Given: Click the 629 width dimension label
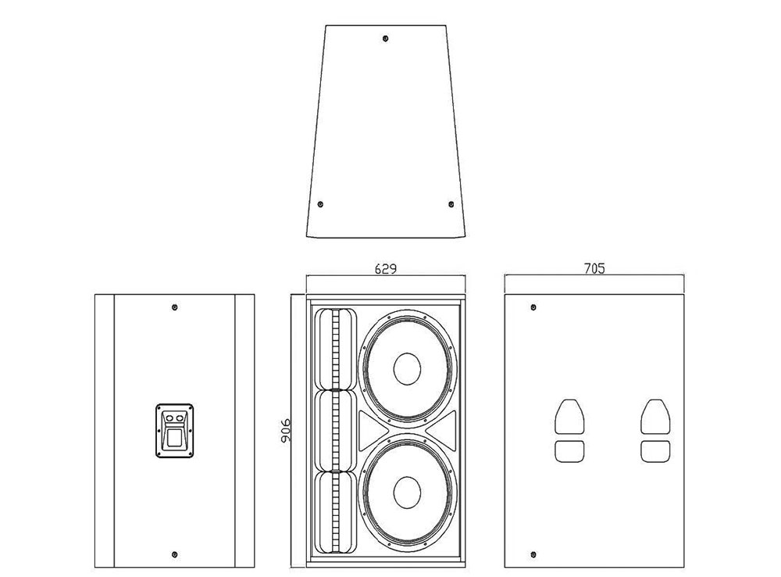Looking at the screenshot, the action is click(x=386, y=269).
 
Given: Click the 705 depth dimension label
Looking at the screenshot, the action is click(x=594, y=269).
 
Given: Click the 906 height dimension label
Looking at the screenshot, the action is click(x=285, y=430).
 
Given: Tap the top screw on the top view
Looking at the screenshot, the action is click(x=385, y=38).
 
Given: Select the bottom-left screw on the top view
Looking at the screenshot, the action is click(x=320, y=204).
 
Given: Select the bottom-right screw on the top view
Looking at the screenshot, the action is click(x=451, y=204).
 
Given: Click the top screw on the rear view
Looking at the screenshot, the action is click(x=174, y=307).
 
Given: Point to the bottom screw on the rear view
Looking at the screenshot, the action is click(x=174, y=554).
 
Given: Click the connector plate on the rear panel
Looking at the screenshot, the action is click(x=174, y=430).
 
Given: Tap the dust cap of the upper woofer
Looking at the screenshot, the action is click(x=407, y=369).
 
